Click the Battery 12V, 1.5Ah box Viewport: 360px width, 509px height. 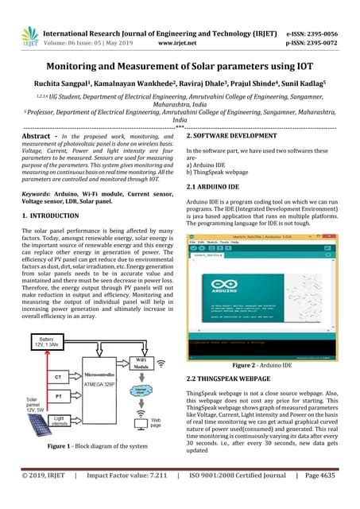[41, 344]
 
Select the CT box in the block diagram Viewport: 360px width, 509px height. [59, 377]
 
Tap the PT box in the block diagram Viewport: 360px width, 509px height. [59, 394]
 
